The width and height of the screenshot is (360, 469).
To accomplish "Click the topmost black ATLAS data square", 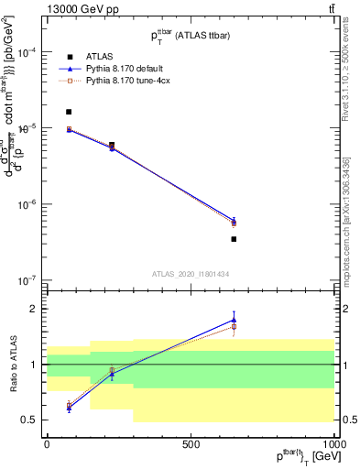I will pyautogui.click(x=69, y=112).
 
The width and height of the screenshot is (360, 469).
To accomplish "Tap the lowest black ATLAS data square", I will pyautogui.click(x=234, y=239).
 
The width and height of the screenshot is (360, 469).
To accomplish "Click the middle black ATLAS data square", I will pyautogui.click(x=112, y=145).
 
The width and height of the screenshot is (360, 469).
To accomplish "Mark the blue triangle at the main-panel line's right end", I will pyautogui.click(x=234, y=220).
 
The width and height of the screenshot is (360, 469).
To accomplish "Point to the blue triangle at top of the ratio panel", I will pyautogui.click(x=234, y=320).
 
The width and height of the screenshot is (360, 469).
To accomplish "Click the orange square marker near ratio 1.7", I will pyautogui.click(x=234, y=326).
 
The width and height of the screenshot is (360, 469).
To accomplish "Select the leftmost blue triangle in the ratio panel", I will pyautogui.click(x=69, y=408).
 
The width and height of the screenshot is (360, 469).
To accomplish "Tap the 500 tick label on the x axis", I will pyautogui.click(x=191, y=442).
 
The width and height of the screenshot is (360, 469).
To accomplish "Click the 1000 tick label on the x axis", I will pyautogui.click(x=334, y=442).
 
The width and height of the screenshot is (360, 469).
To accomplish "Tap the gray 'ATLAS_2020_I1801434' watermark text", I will pyautogui.click(x=190, y=274).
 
